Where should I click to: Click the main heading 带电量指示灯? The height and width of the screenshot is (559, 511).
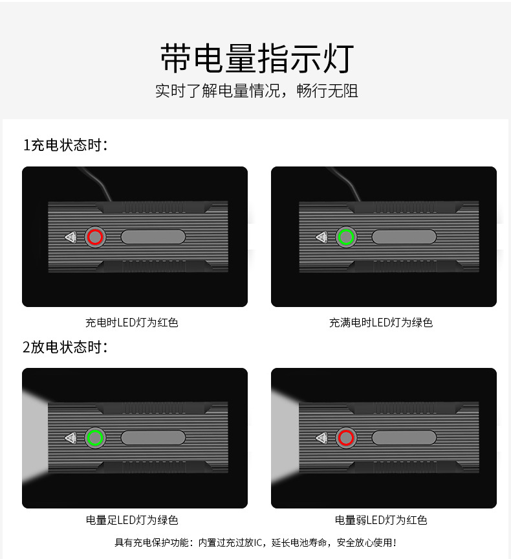click(257, 58)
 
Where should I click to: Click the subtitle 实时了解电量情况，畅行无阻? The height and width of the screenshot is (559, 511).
click(256, 91)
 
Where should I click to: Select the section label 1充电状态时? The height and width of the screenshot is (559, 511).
click(65, 145)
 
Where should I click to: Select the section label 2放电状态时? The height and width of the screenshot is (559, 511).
click(65, 347)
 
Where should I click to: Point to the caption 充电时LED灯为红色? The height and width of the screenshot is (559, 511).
click(132, 323)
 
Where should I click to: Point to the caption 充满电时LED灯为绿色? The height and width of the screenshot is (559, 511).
click(381, 323)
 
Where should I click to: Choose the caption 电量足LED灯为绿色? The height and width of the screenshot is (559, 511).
click(132, 520)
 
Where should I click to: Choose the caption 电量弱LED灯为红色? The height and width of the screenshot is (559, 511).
click(381, 520)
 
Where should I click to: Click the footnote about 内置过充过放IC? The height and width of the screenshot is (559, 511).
click(255, 543)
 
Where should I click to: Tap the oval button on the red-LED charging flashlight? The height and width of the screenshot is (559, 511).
click(153, 237)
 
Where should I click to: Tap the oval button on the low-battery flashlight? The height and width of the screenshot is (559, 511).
click(404, 438)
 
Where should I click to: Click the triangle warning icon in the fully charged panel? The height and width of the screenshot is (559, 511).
click(321, 237)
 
